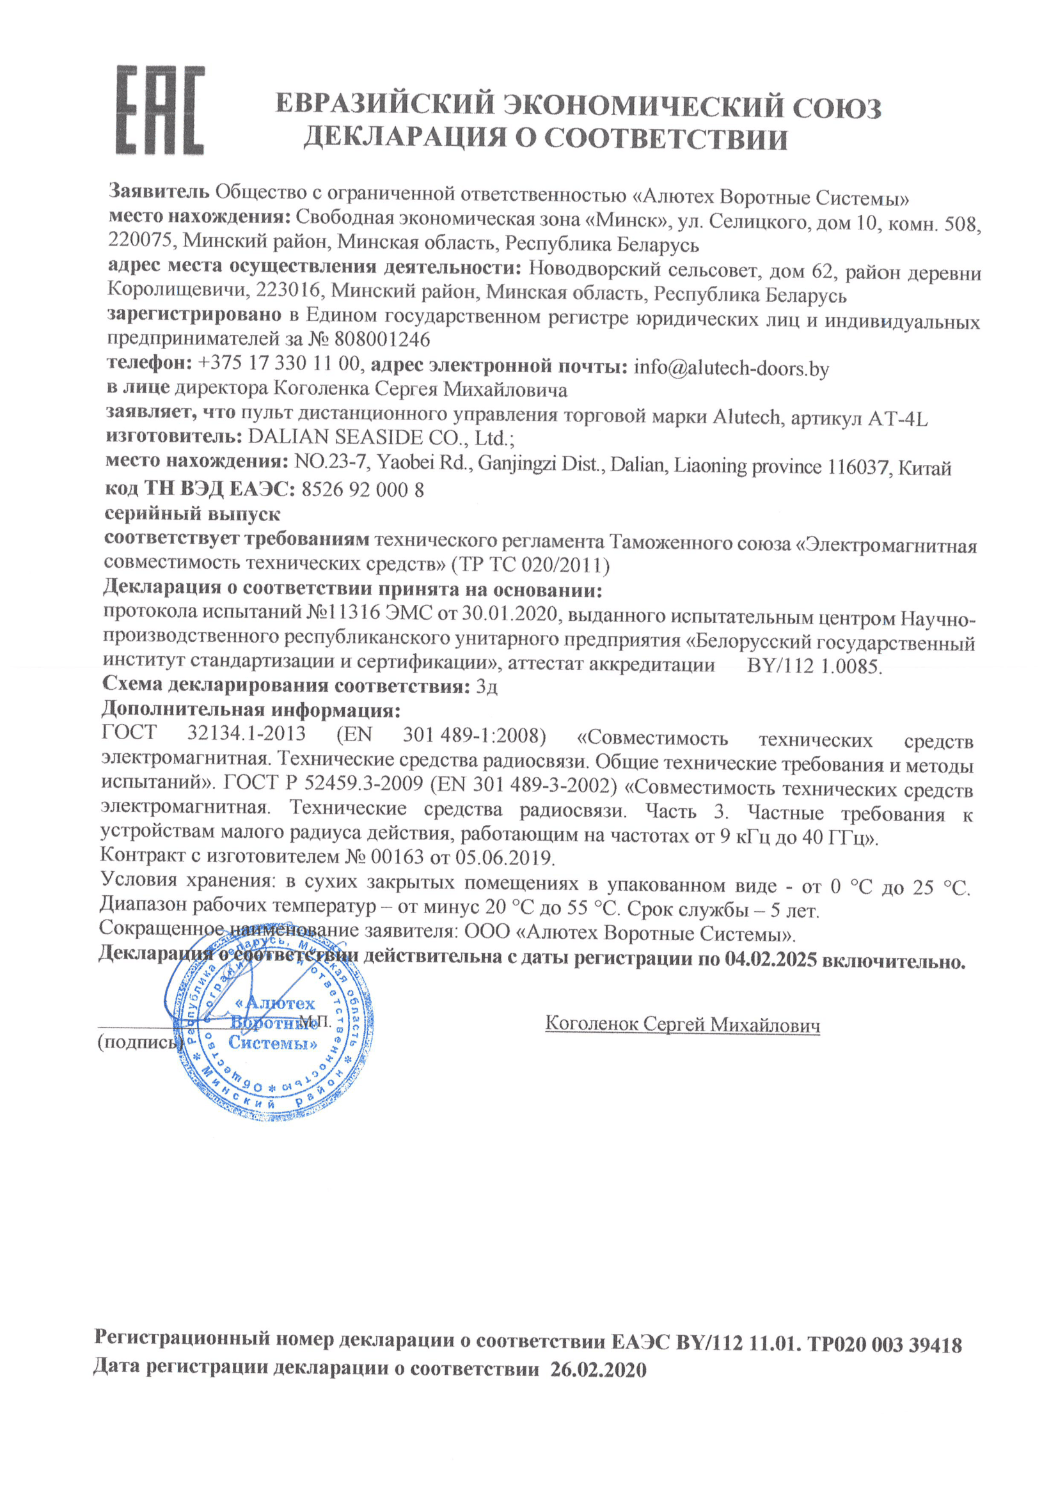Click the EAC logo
[x=160, y=110]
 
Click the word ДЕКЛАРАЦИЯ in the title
[x=404, y=138]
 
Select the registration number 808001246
[x=383, y=340]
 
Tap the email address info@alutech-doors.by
[x=731, y=368]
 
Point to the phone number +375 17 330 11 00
[x=278, y=364]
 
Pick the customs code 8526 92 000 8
[x=363, y=490]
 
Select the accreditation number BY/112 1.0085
[x=814, y=666]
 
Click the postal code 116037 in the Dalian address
[x=858, y=467]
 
